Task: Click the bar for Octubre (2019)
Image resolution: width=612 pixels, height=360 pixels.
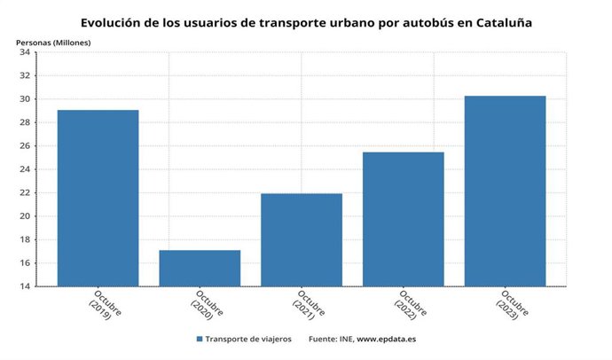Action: (98, 198)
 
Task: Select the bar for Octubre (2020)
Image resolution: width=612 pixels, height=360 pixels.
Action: (200, 268)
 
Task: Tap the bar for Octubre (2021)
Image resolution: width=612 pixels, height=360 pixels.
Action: (302, 239)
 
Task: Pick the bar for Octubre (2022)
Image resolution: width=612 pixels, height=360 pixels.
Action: (404, 219)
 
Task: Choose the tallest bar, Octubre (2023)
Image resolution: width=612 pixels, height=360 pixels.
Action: (505, 191)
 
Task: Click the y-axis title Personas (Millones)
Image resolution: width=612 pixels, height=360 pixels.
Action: (52, 42)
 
